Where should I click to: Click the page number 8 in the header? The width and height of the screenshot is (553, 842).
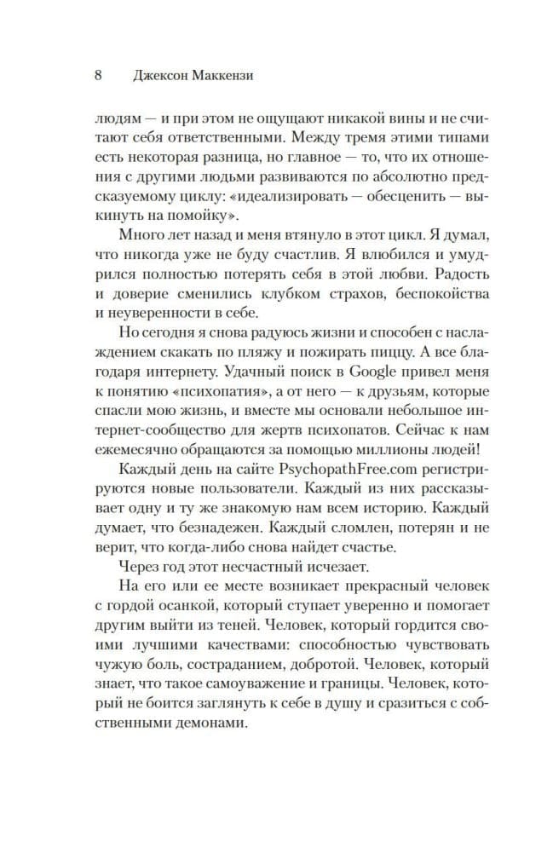click(x=98, y=75)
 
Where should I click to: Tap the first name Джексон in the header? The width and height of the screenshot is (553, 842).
click(x=158, y=75)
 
